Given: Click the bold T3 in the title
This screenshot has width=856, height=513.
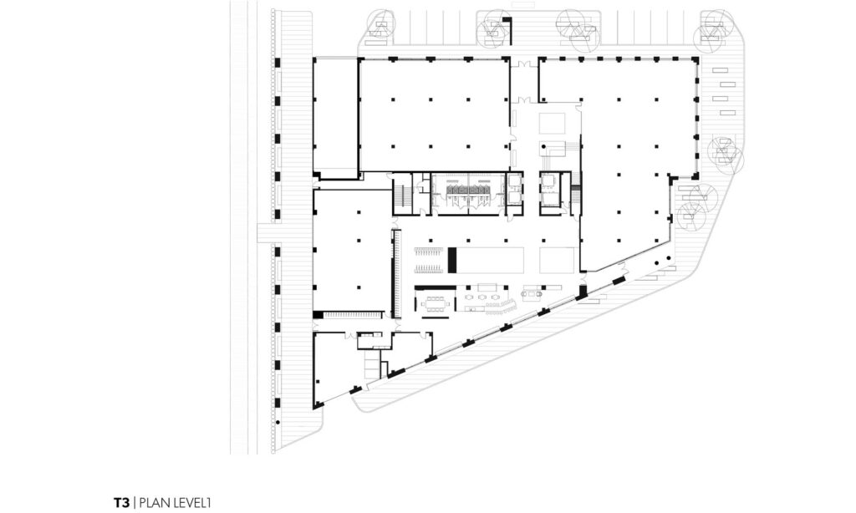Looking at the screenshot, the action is point(121,503).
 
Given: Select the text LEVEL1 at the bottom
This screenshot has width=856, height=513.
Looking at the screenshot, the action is point(191,503).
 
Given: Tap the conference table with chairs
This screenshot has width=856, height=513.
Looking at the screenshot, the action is point(435,303).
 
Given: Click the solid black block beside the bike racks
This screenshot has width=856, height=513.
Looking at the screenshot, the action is point(452,261).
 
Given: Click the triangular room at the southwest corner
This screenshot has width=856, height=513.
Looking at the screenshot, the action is point(333,366).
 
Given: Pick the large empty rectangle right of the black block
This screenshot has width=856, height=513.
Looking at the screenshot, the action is point(490,261).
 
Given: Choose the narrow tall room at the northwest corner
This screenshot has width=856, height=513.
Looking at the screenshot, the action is point(335,118).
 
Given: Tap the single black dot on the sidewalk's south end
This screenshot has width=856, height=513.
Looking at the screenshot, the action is point(278,423).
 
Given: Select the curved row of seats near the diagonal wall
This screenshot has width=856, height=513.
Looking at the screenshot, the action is point(503,307).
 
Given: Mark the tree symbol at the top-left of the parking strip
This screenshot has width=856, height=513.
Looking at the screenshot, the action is point(380,25).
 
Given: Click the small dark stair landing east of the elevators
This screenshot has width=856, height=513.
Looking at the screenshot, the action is point(575,195).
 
